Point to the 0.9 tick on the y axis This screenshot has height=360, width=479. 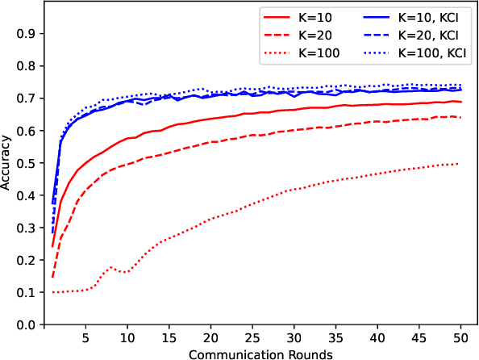27,34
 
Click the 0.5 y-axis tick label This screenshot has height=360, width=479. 27,163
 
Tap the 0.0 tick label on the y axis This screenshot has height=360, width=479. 27,324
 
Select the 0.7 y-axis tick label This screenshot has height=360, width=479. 27,98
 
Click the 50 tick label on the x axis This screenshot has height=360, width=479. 459,336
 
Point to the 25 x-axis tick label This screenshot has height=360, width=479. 252,336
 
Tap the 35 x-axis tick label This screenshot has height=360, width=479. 335,336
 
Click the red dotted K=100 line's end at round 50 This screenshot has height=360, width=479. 459,164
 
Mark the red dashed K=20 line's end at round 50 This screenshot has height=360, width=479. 459,117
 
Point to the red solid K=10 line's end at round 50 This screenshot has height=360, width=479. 459,102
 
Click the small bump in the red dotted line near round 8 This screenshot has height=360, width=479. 111,267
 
